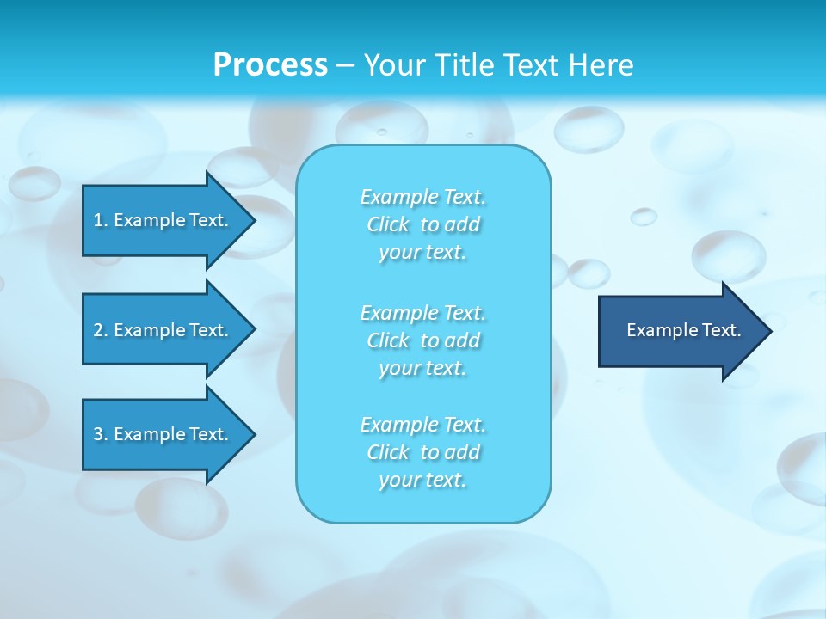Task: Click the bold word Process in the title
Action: point(270,65)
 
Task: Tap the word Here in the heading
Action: point(599,65)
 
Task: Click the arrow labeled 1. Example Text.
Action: point(163,220)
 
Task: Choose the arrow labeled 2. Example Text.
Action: point(163,330)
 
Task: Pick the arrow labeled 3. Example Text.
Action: point(163,434)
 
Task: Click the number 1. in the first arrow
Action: point(101,220)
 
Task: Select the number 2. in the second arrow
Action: point(101,330)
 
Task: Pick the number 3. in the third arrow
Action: point(101,434)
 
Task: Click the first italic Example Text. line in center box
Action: point(423,197)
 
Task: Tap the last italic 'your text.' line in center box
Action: point(422,480)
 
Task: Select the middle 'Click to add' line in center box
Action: point(423,340)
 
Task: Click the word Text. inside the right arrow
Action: point(721,330)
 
